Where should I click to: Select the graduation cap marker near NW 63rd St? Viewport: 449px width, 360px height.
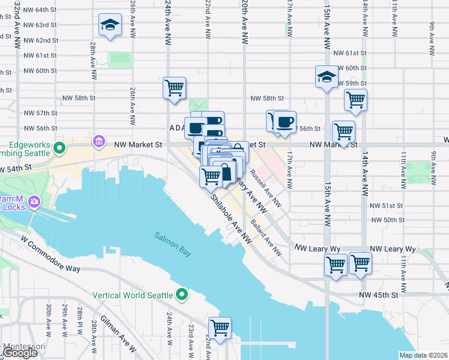(109, 25)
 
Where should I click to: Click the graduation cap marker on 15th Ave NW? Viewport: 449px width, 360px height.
(326, 77)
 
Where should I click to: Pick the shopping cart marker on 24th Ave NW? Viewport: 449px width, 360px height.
(174, 88)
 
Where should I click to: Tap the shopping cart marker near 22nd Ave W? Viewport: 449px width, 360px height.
(220, 328)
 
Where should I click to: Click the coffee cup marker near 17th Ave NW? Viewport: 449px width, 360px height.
(285, 122)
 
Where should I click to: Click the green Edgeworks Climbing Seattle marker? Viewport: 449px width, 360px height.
(59, 148)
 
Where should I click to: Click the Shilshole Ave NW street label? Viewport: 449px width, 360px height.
(230, 219)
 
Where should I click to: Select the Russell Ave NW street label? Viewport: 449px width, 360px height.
(265, 190)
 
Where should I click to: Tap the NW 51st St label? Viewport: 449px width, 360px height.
(387, 205)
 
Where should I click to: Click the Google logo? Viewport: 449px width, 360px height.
(20, 353)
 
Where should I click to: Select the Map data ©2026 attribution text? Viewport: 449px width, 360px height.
(423, 355)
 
